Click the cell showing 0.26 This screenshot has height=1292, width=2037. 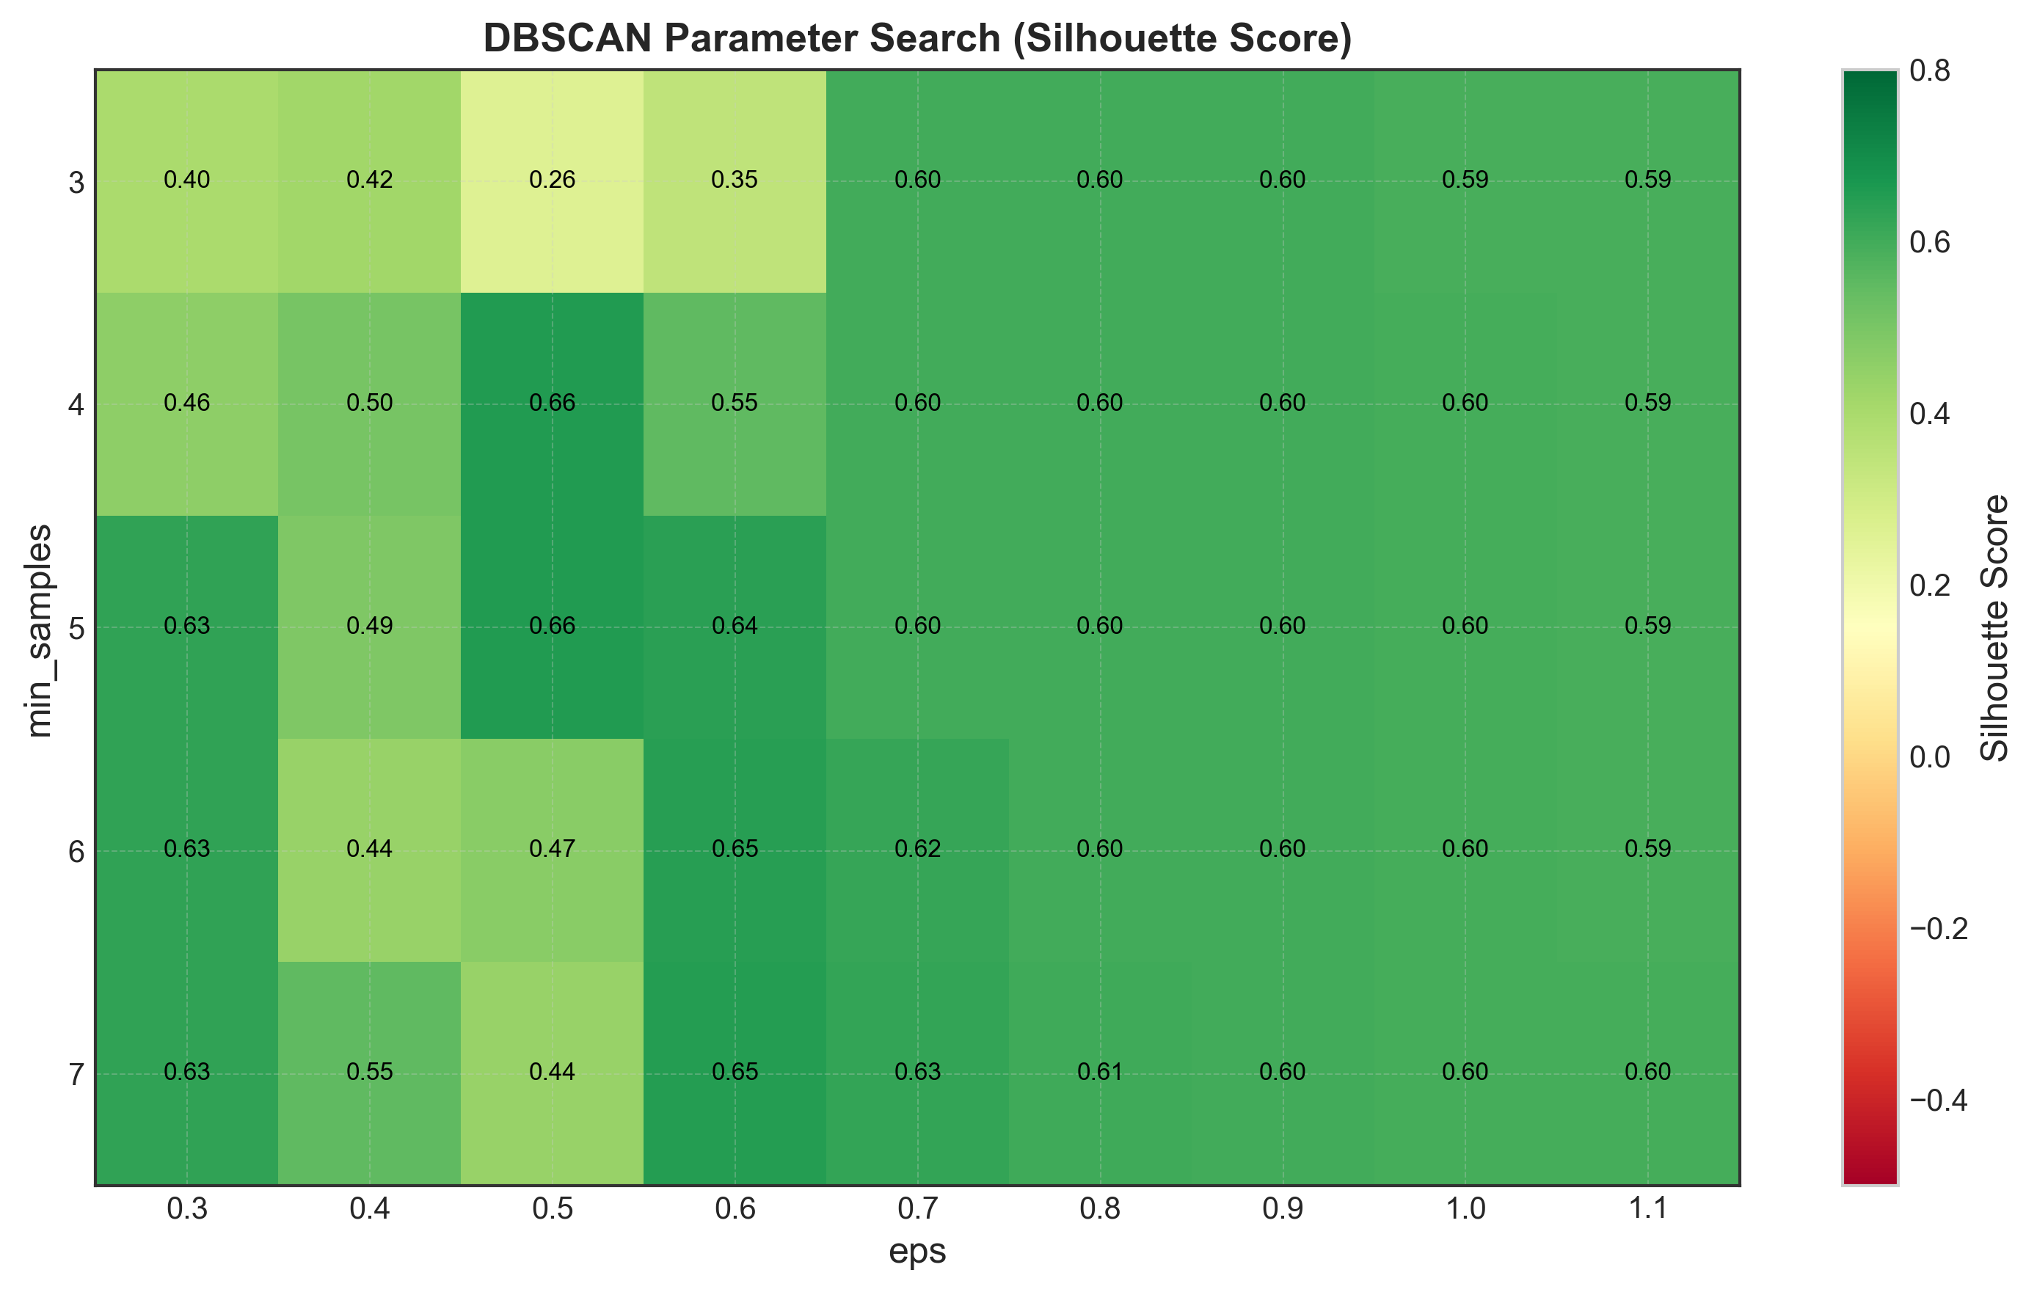(x=552, y=180)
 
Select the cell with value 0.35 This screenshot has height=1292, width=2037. (x=735, y=180)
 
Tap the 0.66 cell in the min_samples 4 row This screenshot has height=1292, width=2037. (x=552, y=404)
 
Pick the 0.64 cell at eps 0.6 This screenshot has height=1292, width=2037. (x=735, y=627)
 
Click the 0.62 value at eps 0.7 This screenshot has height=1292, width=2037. (x=917, y=849)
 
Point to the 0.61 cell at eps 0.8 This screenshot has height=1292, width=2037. (x=1100, y=1072)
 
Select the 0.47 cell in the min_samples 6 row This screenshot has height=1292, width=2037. (x=552, y=849)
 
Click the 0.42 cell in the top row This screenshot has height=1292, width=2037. (x=370, y=180)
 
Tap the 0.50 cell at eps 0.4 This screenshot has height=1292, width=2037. (x=370, y=404)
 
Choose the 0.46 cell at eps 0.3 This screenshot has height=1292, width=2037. (x=187, y=404)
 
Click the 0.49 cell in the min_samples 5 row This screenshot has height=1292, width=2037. (x=370, y=627)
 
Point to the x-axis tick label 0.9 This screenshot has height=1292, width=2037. (x=1283, y=1210)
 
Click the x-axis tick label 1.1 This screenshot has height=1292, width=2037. (x=1648, y=1210)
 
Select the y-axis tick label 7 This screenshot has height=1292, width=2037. (x=76, y=1076)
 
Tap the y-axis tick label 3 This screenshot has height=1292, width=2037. (x=76, y=183)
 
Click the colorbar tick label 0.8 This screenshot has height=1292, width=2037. (x=1931, y=71)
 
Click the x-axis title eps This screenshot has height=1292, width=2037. (x=917, y=1252)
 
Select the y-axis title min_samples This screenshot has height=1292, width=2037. (x=39, y=630)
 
